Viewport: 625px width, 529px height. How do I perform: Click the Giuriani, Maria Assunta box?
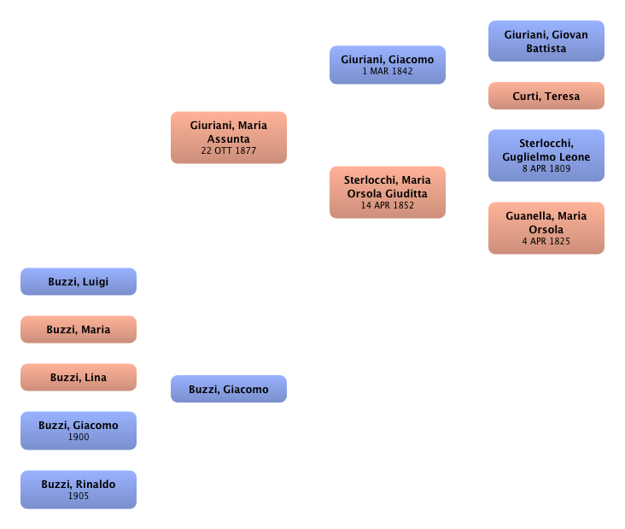click(x=228, y=137)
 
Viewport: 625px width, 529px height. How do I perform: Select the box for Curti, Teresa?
click(x=546, y=97)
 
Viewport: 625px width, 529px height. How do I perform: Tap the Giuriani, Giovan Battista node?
click(x=546, y=41)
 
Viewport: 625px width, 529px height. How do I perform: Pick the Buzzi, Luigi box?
click(x=78, y=282)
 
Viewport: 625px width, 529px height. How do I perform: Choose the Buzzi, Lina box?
click(x=78, y=377)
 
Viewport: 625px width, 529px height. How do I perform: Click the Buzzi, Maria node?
click(x=78, y=330)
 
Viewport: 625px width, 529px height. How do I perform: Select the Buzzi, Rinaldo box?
click(x=78, y=490)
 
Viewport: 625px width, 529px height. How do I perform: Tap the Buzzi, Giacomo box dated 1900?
click(x=78, y=430)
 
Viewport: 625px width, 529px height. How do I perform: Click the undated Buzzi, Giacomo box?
click(x=228, y=389)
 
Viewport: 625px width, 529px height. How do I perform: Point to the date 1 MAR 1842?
click(x=387, y=72)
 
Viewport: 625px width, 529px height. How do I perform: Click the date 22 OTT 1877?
click(x=228, y=150)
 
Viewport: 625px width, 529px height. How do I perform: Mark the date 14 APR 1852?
click(x=387, y=205)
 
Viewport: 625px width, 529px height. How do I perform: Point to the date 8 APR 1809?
click(x=546, y=169)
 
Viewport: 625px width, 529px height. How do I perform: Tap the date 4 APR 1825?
click(x=546, y=242)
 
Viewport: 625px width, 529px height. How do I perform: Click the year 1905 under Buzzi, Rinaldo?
click(x=78, y=497)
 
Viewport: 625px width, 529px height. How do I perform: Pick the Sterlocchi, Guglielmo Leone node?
click(x=546, y=156)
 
